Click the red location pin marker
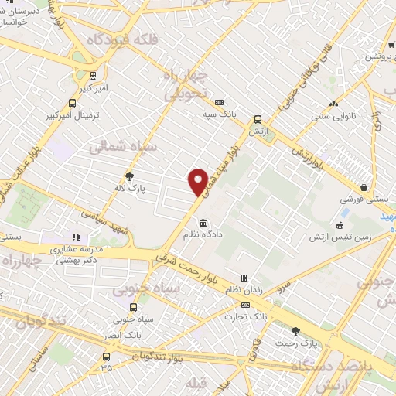tap(199, 182)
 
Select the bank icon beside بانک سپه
tap(220, 102)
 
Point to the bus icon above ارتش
tap(258, 120)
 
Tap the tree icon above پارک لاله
tap(130, 176)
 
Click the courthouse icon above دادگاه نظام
tap(203, 223)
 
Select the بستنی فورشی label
tap(361, 199)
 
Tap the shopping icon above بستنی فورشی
tap(363, 187)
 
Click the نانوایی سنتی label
tap(333, 117)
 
